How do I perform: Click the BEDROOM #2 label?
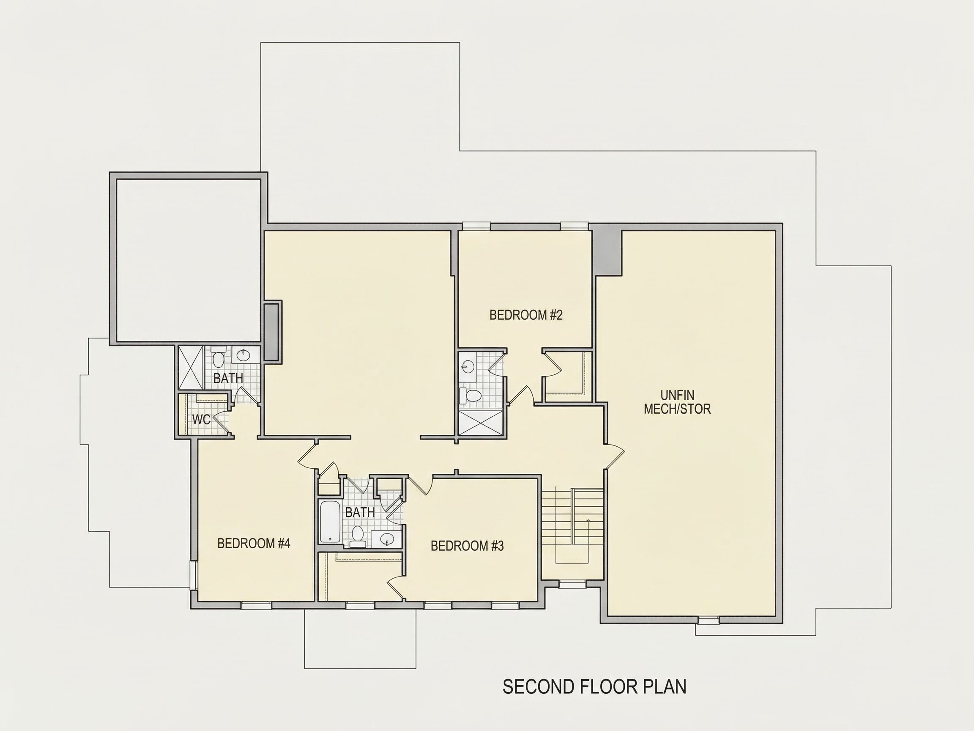526,315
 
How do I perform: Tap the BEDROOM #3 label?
467,546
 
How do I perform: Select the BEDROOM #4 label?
254,543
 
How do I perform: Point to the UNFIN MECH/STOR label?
677,402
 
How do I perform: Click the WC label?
201,420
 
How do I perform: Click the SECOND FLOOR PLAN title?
594,687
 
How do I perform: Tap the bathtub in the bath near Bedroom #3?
330,522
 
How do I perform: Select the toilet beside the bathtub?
358,537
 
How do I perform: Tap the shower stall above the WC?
190,367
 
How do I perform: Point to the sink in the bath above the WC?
244,354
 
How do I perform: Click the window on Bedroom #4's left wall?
192,575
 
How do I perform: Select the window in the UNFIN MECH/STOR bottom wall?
708,621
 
